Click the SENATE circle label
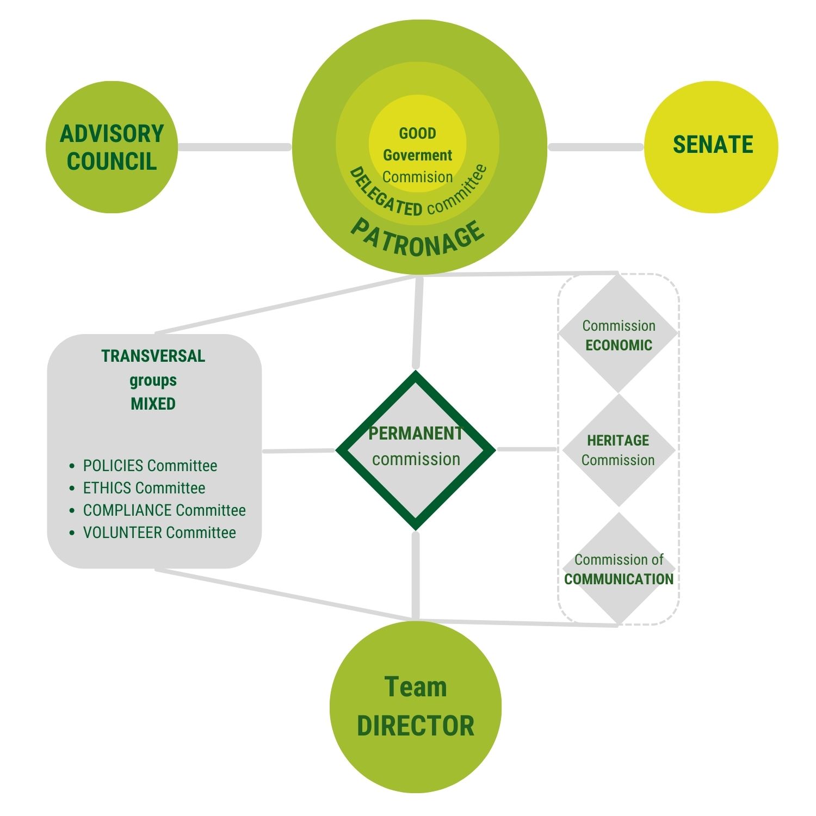tap(713, 145)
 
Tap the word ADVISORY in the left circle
tap(112, 134)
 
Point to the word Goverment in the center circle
tap(417, 156)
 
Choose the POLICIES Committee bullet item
tap(150, 466)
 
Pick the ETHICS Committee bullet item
tap(144, 488)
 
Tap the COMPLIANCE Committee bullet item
tap(164, 510)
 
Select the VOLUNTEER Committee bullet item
tap(159, 533)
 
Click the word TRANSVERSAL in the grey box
tap(153, 356)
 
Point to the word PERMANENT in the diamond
tap(416, 434)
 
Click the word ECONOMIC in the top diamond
tap(619, 345)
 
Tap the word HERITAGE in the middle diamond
tap(618, 440)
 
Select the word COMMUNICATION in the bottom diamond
tap(619, 579)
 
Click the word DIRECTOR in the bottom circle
tap(416, 726)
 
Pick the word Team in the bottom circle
tap(416, 687)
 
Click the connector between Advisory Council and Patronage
tap(234, 147)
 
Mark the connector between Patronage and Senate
tap(596, 147)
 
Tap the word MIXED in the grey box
tap(153, 404)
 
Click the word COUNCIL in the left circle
tap(112, 162)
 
